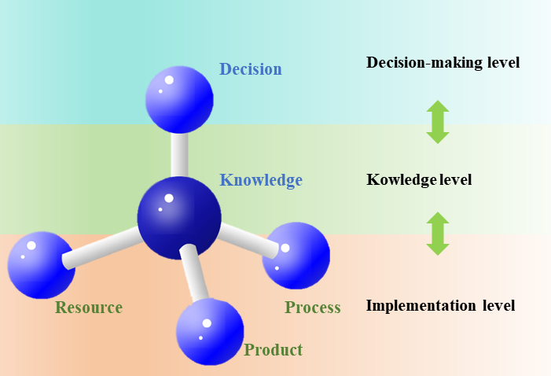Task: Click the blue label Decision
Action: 250,69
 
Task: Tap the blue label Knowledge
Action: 261,180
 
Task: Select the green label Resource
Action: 88,307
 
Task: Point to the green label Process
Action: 312,307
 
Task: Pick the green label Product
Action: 273,350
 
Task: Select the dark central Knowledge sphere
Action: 179,217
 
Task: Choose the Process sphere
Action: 296,256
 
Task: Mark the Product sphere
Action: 210,331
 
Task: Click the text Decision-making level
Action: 443,62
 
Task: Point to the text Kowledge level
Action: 419,180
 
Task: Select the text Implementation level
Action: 440,305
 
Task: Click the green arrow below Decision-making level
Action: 438,121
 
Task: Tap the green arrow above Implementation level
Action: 438,234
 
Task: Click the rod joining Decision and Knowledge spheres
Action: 180,154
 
